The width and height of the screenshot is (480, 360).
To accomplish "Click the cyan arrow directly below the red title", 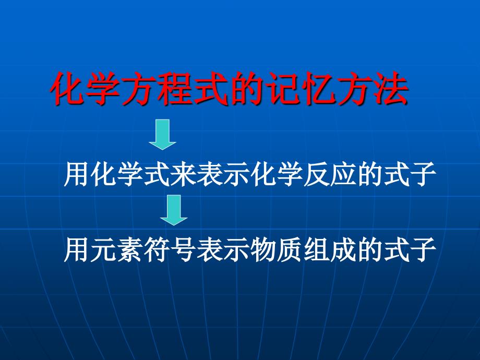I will [162, 134].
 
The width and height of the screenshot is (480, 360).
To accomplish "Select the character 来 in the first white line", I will [183, 175].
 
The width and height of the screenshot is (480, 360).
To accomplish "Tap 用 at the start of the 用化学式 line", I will [77, 175].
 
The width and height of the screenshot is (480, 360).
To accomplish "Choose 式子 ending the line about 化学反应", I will [409, 175].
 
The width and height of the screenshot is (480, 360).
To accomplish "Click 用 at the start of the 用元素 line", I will [77, 251].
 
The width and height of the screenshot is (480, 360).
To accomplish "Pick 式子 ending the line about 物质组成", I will [409, 251].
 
